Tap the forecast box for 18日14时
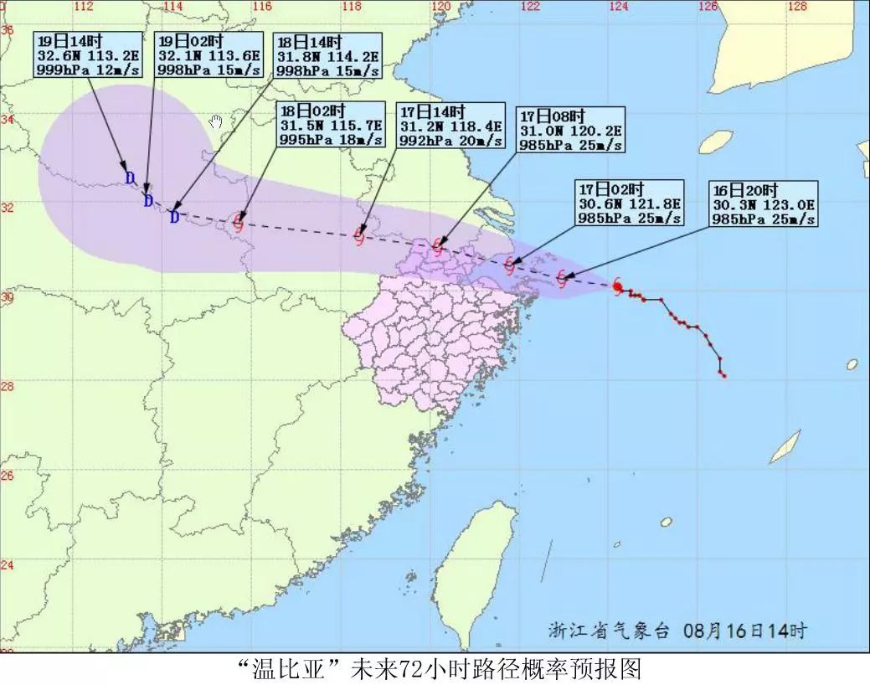coord(326,55)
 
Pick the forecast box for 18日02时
coord(331,125)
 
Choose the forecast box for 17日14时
coord(450,125)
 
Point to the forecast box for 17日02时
coord(629,202)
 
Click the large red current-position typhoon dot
coord(617,287)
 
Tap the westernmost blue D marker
coord(130,178)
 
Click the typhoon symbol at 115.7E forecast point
coord(239,222)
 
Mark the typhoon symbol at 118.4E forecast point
coord(360,234)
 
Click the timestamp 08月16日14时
coord(745,630)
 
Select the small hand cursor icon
coord(216,122)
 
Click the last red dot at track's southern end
coord(723,375)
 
